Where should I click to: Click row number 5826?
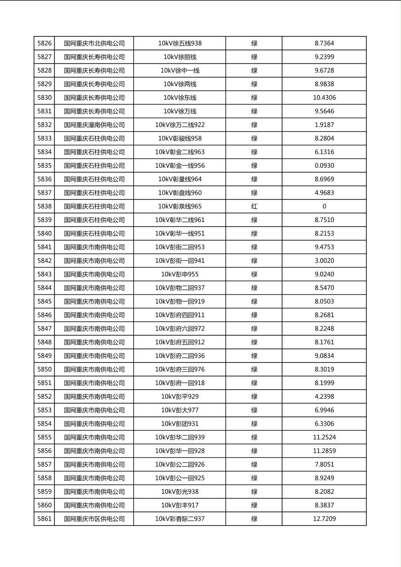[x=45, y=44]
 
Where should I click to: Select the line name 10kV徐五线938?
[x=180, y=44]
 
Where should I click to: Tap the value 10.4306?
[x=324, y=98]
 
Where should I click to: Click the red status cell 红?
[x=254, y=207]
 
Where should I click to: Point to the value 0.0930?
[x=324, y=166]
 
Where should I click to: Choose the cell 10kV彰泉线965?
[x=180, y=207]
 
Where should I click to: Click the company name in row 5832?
[x=94, y=125]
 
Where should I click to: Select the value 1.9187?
[x=324, y=125]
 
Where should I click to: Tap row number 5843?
[x=45, y=275]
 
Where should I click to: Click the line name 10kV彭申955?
[x=180, y=275]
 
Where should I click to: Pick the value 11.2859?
[x=324, y=451]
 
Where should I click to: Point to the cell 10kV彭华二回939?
[x=180, y=438]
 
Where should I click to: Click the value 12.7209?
[x=324, y=519]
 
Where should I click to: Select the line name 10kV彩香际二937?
[x=180, y=519]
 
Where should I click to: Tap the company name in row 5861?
[x=94, y=519]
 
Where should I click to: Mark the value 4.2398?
[x=324, y=397]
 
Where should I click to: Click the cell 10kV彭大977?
[x=180, y=410]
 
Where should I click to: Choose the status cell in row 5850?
[x=254, y=370]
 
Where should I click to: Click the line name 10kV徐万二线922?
[x=180, y=125]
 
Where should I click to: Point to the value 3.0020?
[x=324, y=261]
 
